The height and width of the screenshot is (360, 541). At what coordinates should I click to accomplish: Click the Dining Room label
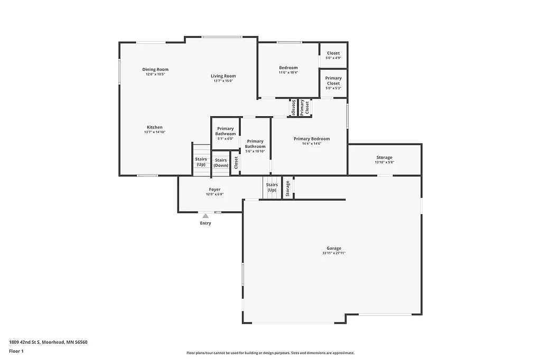pos(155,69)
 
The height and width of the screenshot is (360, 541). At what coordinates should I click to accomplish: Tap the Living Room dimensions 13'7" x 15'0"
pos(223,81)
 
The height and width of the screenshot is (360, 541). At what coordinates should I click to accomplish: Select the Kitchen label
pos(155,127)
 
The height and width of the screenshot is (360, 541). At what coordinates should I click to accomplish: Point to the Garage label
pos(333,248)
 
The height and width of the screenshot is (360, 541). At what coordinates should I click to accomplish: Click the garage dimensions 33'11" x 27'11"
pos(333,253)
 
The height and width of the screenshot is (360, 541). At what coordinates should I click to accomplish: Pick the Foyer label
pos(214,190)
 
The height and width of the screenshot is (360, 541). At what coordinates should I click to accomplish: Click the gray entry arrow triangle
pos(206,215)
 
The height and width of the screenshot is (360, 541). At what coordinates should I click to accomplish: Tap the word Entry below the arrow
pos(206,223)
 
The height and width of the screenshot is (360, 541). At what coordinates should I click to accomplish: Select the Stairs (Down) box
pos(221,163)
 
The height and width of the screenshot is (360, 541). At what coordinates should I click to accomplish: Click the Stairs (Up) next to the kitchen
pos(201,162)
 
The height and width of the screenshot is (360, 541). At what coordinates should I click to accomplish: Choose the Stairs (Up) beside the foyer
pos(272,187)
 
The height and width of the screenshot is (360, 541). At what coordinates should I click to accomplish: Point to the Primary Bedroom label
pos(312,139)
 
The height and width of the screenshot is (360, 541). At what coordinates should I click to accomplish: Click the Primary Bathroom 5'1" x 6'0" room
pos(226,134)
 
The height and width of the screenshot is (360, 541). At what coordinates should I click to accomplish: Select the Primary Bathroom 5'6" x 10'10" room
pos(255,146)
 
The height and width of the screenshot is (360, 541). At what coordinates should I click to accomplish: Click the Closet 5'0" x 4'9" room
pos(333,55)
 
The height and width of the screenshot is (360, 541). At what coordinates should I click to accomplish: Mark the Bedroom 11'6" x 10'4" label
pos(288,68)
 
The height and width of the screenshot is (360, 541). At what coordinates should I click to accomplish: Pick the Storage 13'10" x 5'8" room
pos(384,159)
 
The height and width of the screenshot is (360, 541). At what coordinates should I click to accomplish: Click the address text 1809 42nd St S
pos(48,342)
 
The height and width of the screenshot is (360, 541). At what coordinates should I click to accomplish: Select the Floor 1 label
pos(16,351)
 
